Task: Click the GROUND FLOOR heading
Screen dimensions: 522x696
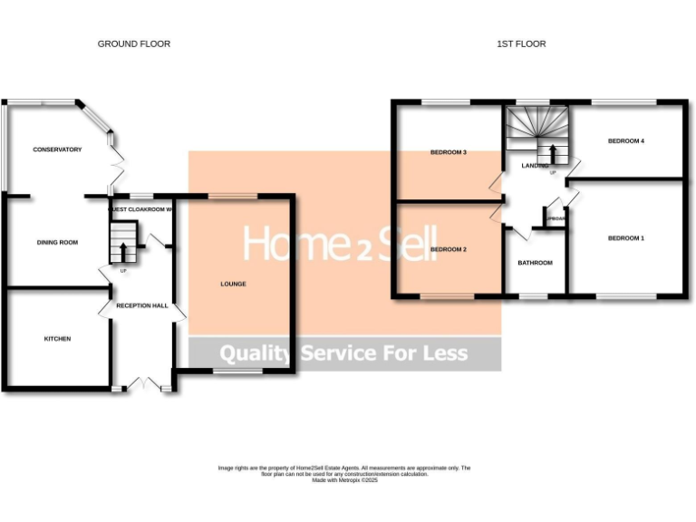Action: click(x=134, y=43)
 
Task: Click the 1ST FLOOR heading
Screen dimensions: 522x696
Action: click(x=521, y=43)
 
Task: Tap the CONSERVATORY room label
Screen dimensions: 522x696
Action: click(x=57, y=150)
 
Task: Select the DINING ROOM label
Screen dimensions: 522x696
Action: click(x=57, y=242)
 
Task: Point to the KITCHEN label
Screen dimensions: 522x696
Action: click(x=57, y=339)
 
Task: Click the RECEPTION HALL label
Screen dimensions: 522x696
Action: click(x=142, y=306)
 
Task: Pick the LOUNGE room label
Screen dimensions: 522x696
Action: click(x=233, y=284)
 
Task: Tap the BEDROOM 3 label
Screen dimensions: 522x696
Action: click(x=448, y=152)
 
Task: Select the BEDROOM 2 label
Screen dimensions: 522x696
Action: click(x=448, y=249)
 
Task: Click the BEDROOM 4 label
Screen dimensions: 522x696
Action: click(x=625, y=141)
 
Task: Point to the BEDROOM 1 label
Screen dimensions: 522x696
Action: click(x=625, y=238)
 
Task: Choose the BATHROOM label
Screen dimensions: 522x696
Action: click(x=535, y=264)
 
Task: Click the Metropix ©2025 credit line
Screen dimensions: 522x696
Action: click(x=344, y=480)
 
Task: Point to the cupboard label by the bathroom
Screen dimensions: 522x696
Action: click(x=554, y=218)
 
